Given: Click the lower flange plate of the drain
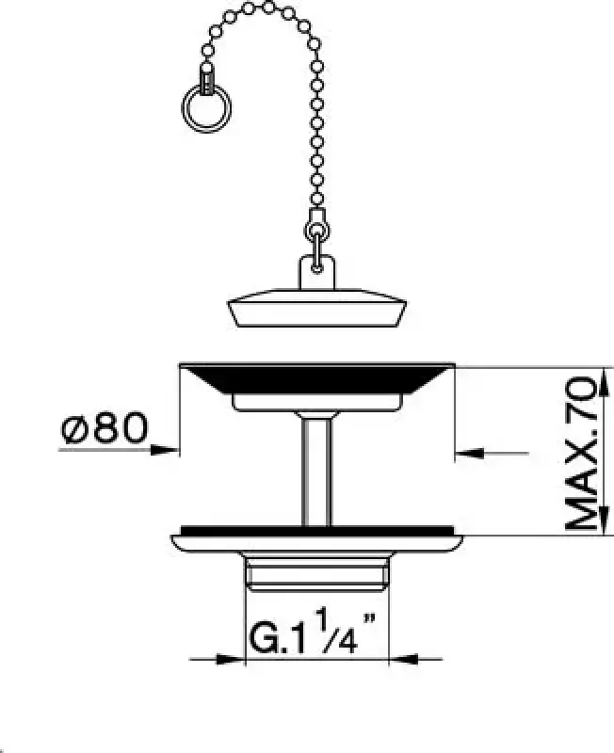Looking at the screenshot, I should tap(316, 540).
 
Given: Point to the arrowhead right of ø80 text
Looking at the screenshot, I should tap(170, 450).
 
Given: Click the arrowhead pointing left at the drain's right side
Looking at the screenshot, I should tap(464, 454).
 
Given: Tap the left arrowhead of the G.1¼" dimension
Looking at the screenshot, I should tap(235, 658).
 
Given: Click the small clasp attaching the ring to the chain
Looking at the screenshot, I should tap(205, 77).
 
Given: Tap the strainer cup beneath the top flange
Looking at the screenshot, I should tap(316, 402).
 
